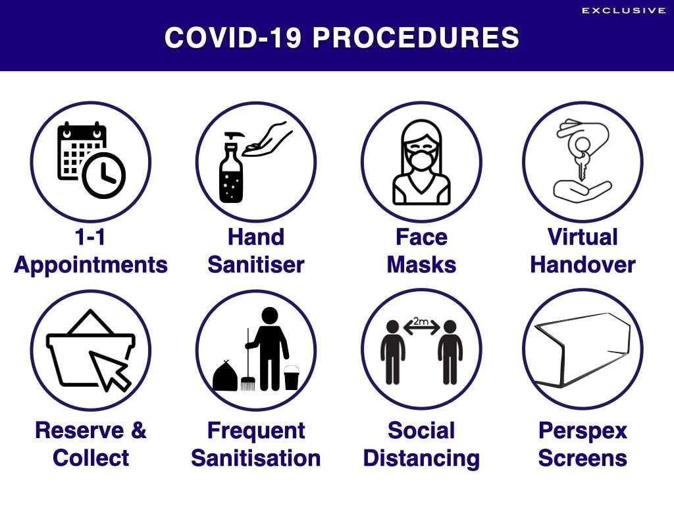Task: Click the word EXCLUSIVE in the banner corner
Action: point(624,11)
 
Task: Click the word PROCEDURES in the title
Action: point(416,38)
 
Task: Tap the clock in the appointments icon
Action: point(103,175)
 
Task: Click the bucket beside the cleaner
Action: point(292,378)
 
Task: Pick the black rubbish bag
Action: point(225,376)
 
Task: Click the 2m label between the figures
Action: point(421,322)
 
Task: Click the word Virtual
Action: point(583,237)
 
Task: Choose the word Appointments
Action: point(91,265)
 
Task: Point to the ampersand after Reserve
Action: point(138,430)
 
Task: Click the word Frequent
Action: point(256,431)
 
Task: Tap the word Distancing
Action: point(421,459)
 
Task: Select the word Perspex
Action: point(583,431)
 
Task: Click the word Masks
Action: point(421,264)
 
